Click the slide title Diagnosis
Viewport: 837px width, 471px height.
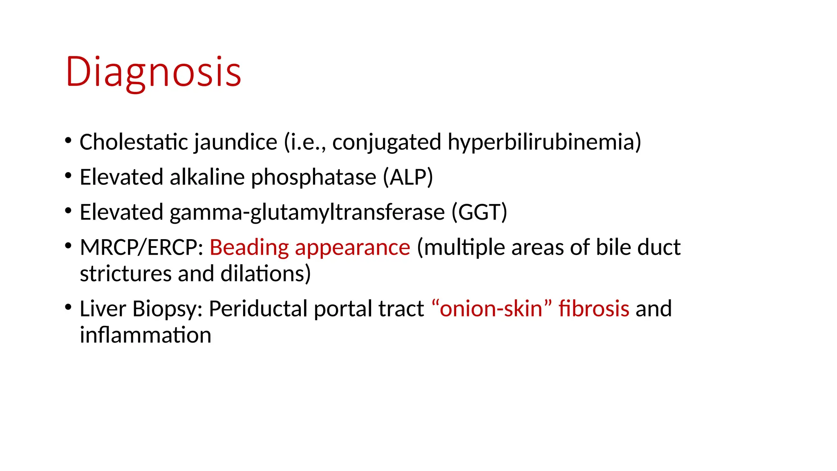pos(153,72)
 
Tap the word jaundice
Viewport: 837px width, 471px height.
pos(235,143)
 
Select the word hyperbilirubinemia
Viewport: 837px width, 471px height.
pos(544,143)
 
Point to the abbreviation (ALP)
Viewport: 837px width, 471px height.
pos(407,177)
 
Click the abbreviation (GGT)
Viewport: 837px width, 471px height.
pos(479,213)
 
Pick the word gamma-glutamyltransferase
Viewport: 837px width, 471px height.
pos(307,213)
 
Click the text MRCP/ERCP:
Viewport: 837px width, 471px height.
pos(141,248)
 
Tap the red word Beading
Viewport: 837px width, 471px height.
pos(249,248)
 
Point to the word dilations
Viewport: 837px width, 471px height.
pos(265,274)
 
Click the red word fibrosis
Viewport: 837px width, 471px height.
pos(593,309)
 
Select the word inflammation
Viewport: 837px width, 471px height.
pos(145,335)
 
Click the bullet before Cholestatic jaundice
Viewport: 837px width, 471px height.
pos(68,141)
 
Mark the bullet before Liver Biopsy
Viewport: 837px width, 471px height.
pos(68,307)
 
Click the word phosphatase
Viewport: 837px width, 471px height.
pos(313,178)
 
